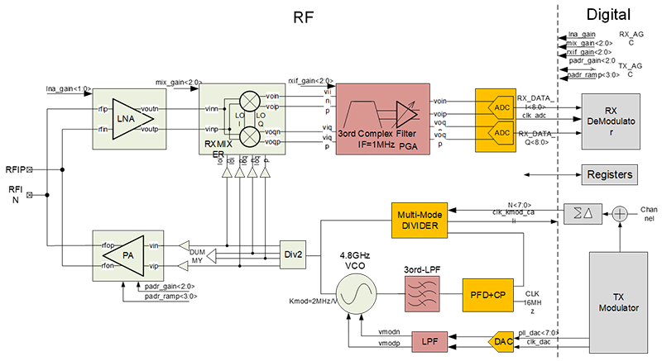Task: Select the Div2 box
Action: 293,255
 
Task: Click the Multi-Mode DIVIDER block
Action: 418,220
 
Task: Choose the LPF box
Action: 429,340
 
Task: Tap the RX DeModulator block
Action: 611,120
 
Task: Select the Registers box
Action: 610,174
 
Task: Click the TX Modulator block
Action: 619,302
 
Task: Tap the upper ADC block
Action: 501,108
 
